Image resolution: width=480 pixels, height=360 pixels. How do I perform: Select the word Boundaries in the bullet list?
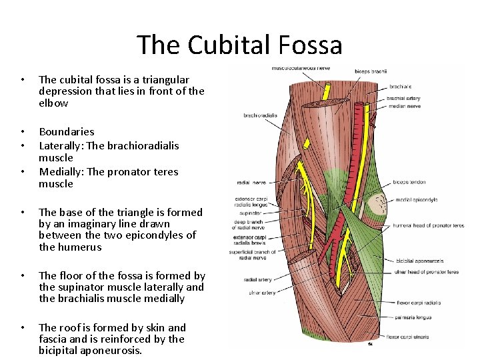(67, 132)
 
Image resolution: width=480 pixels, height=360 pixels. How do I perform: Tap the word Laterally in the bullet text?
(62, 145)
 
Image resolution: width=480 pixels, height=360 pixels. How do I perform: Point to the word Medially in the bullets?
(61, 171)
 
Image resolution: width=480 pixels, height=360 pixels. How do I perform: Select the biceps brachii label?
(371, 71)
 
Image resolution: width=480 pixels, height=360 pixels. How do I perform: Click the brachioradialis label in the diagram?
(261, 115)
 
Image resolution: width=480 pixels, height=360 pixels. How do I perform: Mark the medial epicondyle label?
(417, 199)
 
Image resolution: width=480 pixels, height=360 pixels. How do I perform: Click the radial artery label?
(258, 280)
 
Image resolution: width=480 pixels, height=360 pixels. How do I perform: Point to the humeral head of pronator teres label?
(429, 225)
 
